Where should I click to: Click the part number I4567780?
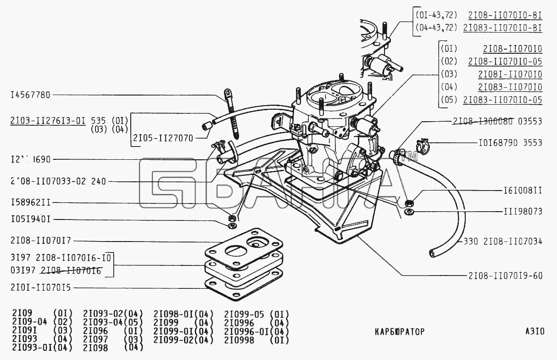pyautogui.click(x=30, y=95)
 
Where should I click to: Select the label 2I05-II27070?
pyautogui.click(x=163, y=137)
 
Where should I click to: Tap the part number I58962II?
pyautogui.click(x=30, y=202)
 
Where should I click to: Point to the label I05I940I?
pyautogui.click(x=30, y=219)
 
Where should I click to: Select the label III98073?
pyautogui.click(x=521, y=212)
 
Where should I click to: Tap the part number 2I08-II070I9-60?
pyautogui.click(x=505, y=276)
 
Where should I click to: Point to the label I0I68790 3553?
pyautogui.click(x=508, y=143)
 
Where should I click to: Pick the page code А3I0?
pyautogui.click(x=535, y=332)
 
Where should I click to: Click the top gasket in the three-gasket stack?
pyautogui.click(x=243, y=247)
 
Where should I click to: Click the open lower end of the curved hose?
pyautogui.click(x=433, y=253)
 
